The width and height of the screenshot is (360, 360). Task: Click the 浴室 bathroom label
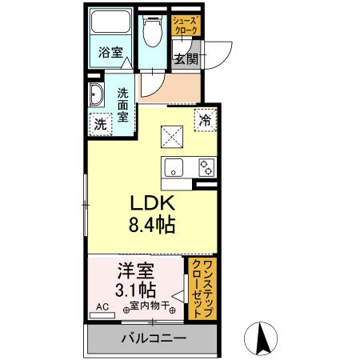point(110,54)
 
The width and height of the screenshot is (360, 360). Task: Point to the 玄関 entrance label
point(186,58)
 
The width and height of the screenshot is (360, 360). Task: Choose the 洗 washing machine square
point(100,124)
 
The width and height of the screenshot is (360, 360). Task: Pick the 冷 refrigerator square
point(206,120)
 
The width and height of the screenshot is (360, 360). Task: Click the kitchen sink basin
point(175,168)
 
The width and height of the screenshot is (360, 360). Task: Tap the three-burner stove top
point(206,168)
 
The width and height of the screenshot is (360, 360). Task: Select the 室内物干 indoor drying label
point(146,305)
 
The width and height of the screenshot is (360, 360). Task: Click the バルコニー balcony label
point(154,338)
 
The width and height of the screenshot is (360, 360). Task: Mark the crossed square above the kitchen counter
point(173,137)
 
